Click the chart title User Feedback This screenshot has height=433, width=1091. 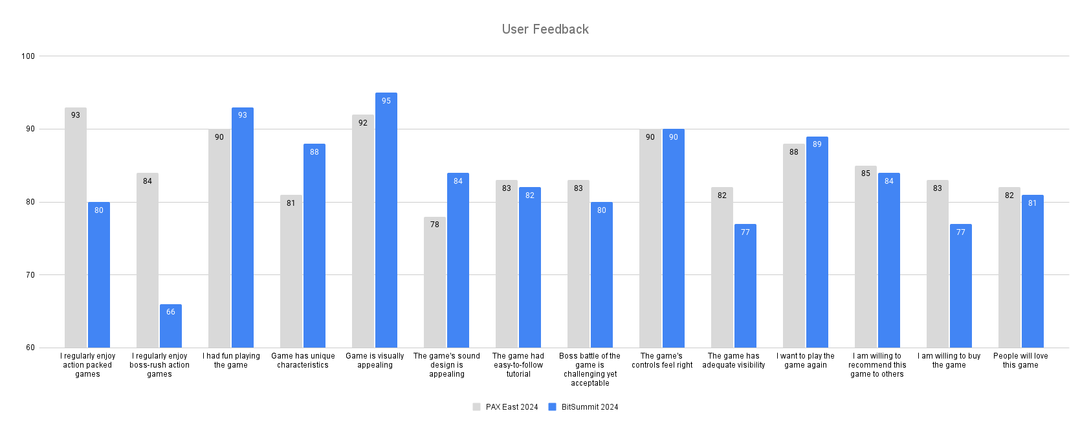pyautogui.click(x=545, y=29)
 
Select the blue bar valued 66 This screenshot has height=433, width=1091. pyautogui.click(x=171, y=327)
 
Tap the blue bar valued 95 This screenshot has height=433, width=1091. pyautogui.click(x=386, y=220)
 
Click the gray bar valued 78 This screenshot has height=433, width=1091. pyautogui.click(x=435, y=282)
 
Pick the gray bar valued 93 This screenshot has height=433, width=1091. pyautogui.click(x=76, y=228)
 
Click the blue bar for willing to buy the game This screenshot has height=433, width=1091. pyautogui.click(x=961, y=286)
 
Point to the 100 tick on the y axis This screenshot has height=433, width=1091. pyautogui.click(x=28, y=56)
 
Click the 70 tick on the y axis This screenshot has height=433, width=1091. pyautogui.click(x=30, y=275)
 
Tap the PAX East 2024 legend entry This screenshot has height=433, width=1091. pyautogui.click(x=505, y=407)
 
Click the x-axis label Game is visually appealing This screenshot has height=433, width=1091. pyautogui.click(x=375, y=361)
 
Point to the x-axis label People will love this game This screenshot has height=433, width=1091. pyautogui.click(x=1020, y=361)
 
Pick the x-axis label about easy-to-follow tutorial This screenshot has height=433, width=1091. pyautogui.click(x=518, y=365)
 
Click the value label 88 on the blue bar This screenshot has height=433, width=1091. pyautogui.click(x=314, y=152)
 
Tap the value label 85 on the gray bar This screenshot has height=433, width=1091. pyautogui.click(x=866, y=173)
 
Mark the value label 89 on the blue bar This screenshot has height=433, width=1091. pyautogui.click(x=817, y=144)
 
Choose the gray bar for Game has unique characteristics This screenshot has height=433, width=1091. pyautogui.click(x=291, y=271)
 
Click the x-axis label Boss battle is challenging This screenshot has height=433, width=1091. pyautogui.click(x=590, y=370)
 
